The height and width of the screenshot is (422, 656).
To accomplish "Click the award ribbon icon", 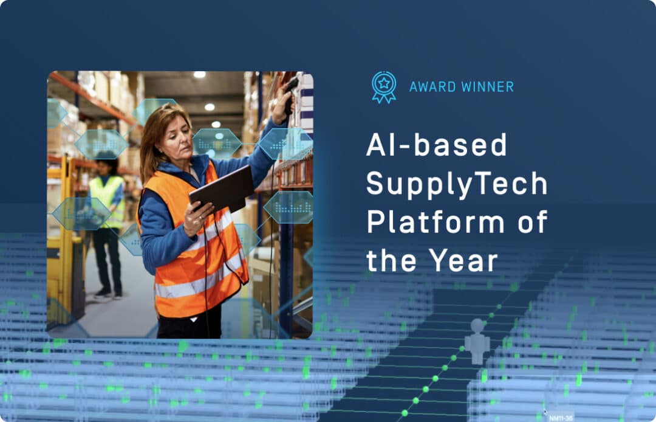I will click(384, 87).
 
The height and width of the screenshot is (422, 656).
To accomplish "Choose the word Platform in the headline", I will click(435, 223).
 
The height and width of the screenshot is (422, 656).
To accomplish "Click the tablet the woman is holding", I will click(221, 190).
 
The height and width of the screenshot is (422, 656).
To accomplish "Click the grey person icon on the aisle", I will click(477, 341).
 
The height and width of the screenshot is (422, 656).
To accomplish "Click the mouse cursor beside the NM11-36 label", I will click(545, 412).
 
